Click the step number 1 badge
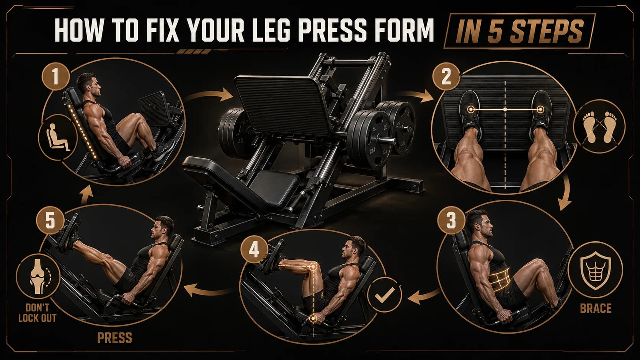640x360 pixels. (56, 77)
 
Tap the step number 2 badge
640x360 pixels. (446, 77)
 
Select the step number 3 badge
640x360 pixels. (451, 222)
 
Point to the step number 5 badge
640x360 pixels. (50, 222)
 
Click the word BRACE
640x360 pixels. (595, 308)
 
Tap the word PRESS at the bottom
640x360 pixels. (114, 338)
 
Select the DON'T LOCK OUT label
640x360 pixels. (37, 313)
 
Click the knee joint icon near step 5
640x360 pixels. (38, 275)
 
